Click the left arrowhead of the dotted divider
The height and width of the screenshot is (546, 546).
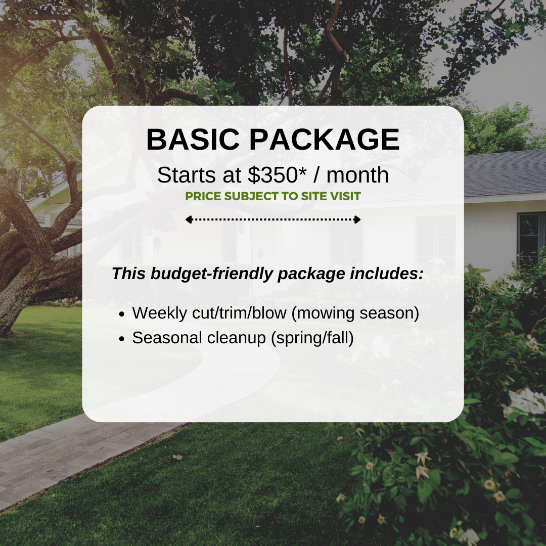[x=188, y=219]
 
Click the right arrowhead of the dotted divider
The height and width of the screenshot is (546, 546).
[x=357, y=219]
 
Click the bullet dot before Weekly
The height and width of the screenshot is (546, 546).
[x=122, y=314]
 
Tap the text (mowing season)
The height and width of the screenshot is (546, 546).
[x=356, y=313]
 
